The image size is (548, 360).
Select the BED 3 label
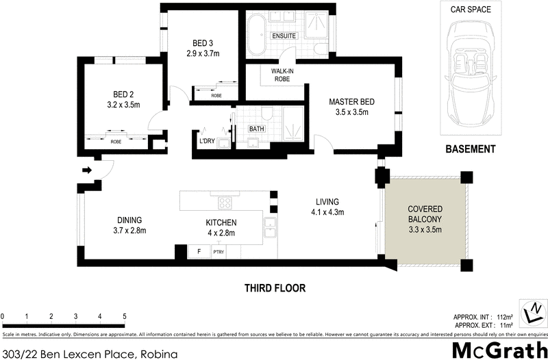click(197, 42)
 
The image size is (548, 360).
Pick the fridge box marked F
click(199, 251)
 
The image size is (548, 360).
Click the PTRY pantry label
click(219, 252)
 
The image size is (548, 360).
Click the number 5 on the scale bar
click(124, 316)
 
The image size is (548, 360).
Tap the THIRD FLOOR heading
click(275, 288)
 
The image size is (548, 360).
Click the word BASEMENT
click(470, 149)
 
